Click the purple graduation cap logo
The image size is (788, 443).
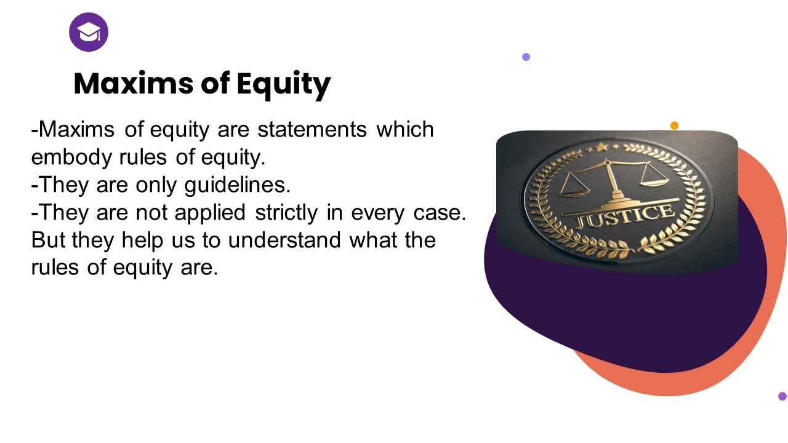[89, 32]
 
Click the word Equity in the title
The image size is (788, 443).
[284, 84]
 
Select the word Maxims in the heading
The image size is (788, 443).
[134, 83]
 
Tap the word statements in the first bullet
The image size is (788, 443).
[312, 129]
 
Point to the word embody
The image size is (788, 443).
[71, 158]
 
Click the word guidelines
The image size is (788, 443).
[238, 185]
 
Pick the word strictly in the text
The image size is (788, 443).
[286, 213]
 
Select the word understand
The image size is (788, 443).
[284, 240]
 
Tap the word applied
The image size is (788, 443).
[210, 213]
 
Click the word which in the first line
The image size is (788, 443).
[405, 129]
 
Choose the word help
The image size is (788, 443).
[142, 241]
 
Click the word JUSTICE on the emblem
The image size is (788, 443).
[625, 217]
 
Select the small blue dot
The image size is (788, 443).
[526, 57]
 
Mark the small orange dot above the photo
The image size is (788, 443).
[674, 126]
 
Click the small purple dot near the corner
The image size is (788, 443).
[782, 396]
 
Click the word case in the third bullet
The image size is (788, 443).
[440, 214]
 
